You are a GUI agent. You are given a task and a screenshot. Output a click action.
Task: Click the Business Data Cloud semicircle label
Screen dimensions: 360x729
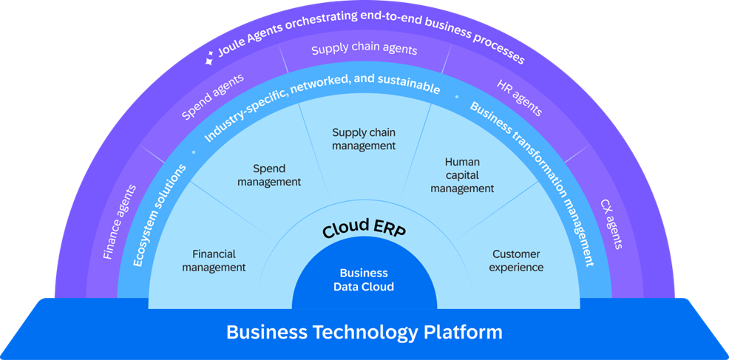tap(364, 280)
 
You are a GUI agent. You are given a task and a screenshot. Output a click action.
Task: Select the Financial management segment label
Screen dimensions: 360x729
tap(214, 260)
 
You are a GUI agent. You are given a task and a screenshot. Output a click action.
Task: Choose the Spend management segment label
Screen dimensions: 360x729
tap(269, 175)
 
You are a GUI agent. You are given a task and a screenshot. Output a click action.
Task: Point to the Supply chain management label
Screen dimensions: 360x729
tap(364, 139)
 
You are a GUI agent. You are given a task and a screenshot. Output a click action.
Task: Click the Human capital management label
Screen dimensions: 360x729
tap(462, 174)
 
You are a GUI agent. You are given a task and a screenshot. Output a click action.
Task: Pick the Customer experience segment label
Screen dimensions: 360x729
tap(517, 260)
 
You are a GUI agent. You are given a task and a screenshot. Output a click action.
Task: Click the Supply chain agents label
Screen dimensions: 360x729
tap(364, 50)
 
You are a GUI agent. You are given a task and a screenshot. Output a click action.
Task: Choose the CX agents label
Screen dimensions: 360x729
tap(611, 223)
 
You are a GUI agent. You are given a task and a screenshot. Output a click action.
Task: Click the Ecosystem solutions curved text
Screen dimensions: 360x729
tap(158, 214)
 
